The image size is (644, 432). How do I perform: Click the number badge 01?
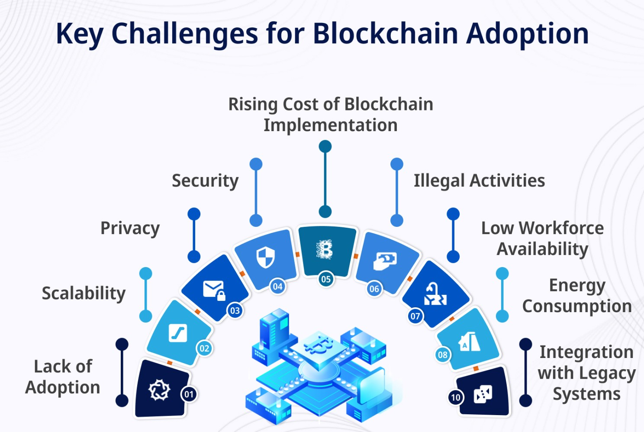point(189,394)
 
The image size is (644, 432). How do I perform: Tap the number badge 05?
point(326,279)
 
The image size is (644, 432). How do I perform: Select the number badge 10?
point(455,397)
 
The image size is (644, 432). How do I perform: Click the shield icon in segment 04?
point(265,258)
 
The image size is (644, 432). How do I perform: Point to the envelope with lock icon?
point(214,290)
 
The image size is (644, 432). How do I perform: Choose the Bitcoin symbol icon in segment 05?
point(325,250)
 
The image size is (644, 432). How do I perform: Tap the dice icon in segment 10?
point(483,394)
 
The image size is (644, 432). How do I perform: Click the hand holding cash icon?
point(385,261)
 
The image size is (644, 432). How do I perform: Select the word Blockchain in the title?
point(385,33)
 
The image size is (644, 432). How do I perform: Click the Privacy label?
point(130,228)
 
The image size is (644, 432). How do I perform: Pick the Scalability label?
point(84,293)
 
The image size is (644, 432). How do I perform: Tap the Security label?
point(205,181)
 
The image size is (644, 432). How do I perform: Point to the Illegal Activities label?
point(479,181)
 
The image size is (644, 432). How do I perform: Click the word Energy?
point(577,286)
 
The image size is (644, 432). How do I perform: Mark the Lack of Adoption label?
point(63,377)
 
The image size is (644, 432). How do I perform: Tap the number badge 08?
point(442,355)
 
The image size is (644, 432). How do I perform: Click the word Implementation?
point(331,126)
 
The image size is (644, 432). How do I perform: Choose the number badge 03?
point(235,310)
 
